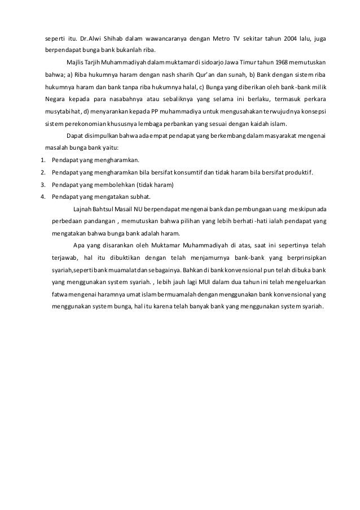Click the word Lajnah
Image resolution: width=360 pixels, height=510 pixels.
pyautogui.click(x=84, y=209)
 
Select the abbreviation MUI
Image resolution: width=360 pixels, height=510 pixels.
pyautogui.click(x=199, y=282)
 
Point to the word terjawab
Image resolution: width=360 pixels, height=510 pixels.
pyautogui.click(x=63, y=258)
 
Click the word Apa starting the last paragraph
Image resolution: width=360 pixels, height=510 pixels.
pyautogui.click(x=79, y=246)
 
